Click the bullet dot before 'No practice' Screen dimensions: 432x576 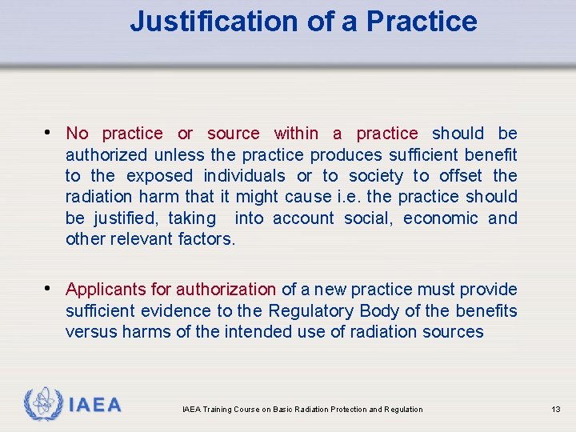pos(50,132)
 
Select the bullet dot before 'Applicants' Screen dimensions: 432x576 pos(50,288)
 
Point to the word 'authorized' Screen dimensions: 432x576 pos(106,154)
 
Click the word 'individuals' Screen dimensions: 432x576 pos(244,176)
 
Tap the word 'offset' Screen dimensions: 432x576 pos(462,176)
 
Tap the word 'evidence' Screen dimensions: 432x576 pos(173,310)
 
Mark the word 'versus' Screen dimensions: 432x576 pos(91,332)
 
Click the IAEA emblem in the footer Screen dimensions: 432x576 pos(42,405)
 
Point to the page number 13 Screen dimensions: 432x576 pos(556,410)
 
